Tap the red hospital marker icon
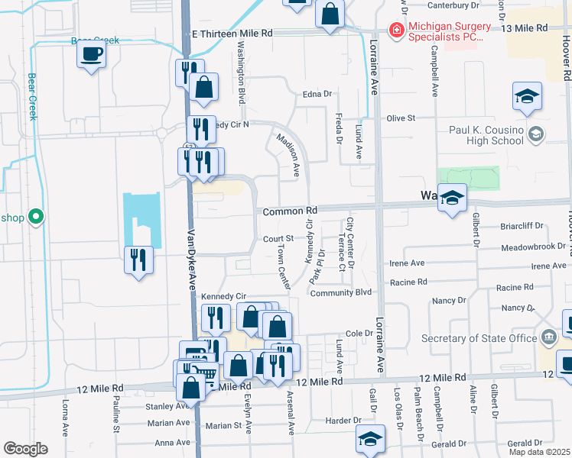coord(396,31)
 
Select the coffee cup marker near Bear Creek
coord(91,55)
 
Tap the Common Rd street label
coord(290,211)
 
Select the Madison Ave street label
coord(288,155)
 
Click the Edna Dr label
coord(318,94)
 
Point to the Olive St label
coord(400,118)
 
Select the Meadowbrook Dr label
coord(535,248)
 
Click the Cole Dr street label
coord(358,334)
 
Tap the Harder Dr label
coord(337,421)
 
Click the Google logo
coord(25,449)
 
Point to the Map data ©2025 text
coord(539,452)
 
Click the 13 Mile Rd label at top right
coord(525,27)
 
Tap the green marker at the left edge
coord(34,218)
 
